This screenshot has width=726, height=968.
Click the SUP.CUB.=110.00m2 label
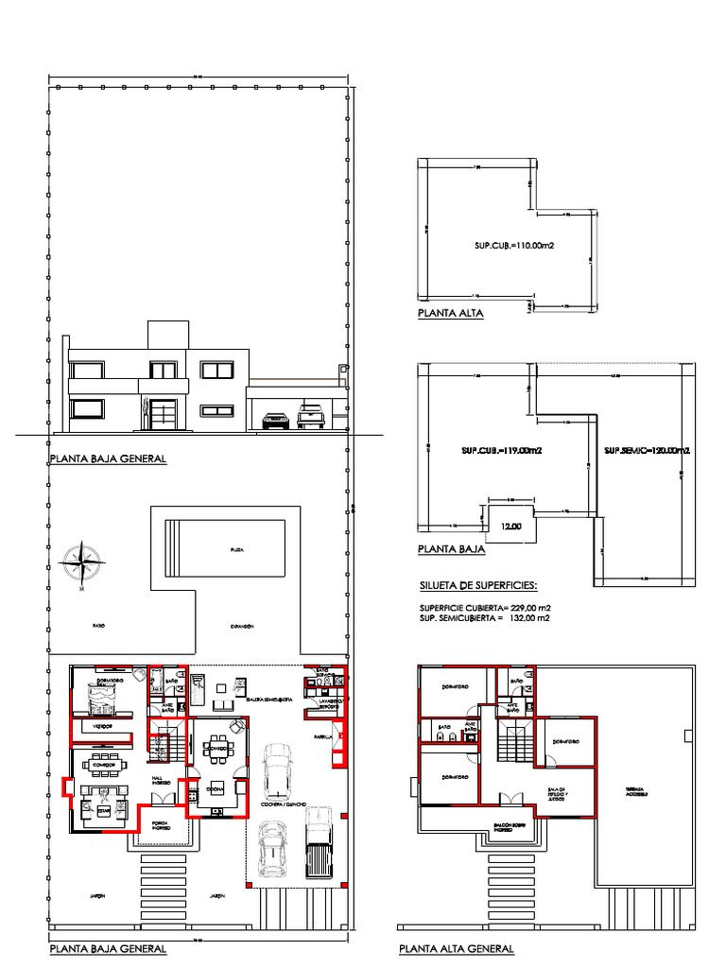tap(513, 246)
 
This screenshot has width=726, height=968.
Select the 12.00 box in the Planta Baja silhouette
tap(510, 526)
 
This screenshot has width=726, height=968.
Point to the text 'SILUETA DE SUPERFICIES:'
tap(477, 585)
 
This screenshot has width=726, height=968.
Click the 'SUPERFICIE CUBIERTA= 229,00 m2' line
tap(484, 607)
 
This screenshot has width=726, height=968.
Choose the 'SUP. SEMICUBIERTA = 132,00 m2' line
tap(484, 617)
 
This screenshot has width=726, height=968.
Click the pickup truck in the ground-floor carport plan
tap(320, 841)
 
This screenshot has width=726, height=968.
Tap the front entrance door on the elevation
tap(164, 412)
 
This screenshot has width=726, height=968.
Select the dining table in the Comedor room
tap(100, 761)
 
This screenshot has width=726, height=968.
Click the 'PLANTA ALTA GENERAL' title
tap(457, 948)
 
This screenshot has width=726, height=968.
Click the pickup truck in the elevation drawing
tap(312, 416)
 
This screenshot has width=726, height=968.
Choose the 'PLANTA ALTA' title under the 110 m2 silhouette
tap(450, 313)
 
